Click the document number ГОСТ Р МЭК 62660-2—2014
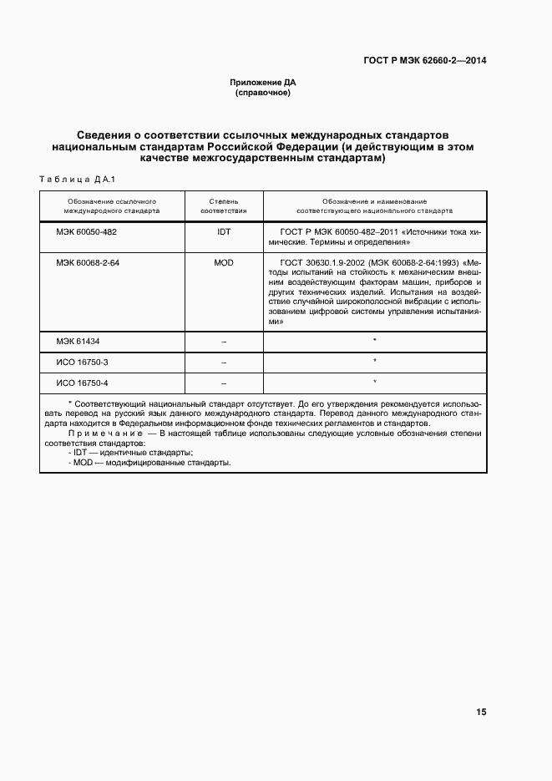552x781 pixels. click(x=424, y=60)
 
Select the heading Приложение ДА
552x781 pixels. click(x=263, y=83)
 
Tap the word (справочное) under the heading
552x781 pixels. click(x=263, y=93)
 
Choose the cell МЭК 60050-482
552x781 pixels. click(x=87, y=231)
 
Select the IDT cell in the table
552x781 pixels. click(x=223, y=231)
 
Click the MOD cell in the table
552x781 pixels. click(x=223, y=262)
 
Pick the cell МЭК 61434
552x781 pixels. click(x=78, y=341)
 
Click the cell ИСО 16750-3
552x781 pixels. click(x=82, y=361)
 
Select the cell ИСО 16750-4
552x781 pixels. click(x=82, y=382)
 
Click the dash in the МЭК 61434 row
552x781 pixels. click(x=223, y=342)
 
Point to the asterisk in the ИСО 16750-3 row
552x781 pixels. click(x=375, y=361)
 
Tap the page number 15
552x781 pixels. click(x=481, y=713)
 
